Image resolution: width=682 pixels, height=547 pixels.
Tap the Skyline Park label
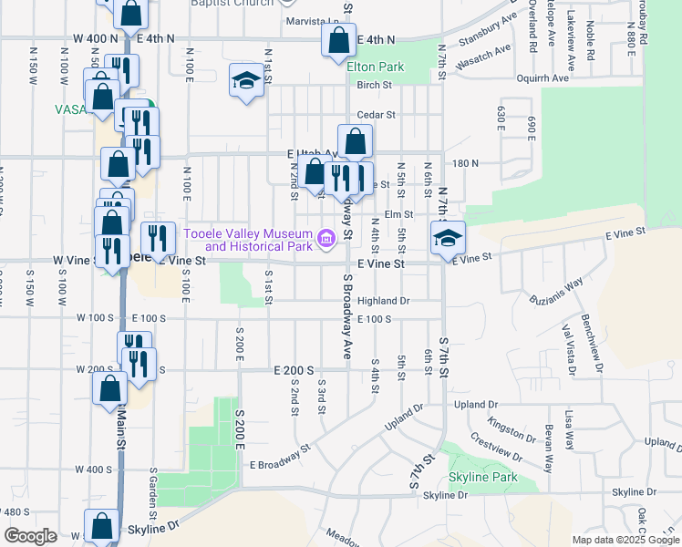482,477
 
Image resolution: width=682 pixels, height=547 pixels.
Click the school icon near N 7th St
448,238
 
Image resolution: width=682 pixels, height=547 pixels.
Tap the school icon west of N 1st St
245,82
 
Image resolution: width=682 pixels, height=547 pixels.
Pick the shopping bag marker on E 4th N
338,41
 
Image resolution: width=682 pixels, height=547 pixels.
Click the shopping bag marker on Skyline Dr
102,526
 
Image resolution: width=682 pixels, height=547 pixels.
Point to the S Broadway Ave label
347,315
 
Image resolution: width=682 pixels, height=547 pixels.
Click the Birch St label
374,85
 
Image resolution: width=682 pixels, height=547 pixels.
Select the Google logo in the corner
29,536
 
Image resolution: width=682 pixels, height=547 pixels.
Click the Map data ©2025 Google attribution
625,540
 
